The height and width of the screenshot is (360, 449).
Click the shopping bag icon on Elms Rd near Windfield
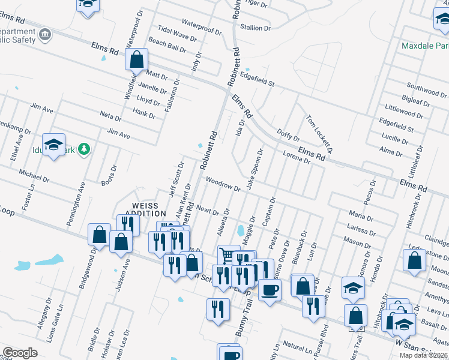[137, 59]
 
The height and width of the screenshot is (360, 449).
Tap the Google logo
[20, 353]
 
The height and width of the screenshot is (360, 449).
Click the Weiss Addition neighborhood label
[145, 209]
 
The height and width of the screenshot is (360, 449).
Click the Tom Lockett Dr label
[319, 133]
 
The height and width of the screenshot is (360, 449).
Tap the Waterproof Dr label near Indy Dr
[202, 27]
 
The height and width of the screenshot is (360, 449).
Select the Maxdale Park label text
[426, 46]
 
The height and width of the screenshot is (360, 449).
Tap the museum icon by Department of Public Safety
[45, 35]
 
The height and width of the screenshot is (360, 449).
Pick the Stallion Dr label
[255, 28]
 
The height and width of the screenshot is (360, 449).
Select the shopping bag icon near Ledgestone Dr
[414, 261]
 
